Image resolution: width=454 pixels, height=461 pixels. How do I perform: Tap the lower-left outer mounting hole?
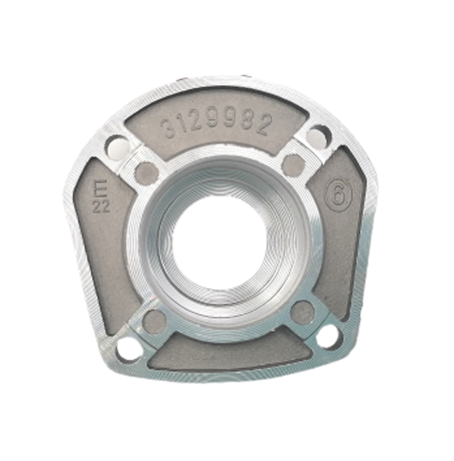coord(129,347)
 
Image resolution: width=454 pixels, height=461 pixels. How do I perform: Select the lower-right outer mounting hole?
coord(326,336)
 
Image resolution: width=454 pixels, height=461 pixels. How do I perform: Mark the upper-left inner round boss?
coord(146,172)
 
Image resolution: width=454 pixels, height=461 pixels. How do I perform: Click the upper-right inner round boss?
coord(293,164)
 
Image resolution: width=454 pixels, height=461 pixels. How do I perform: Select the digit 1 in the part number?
coord(184,126)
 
